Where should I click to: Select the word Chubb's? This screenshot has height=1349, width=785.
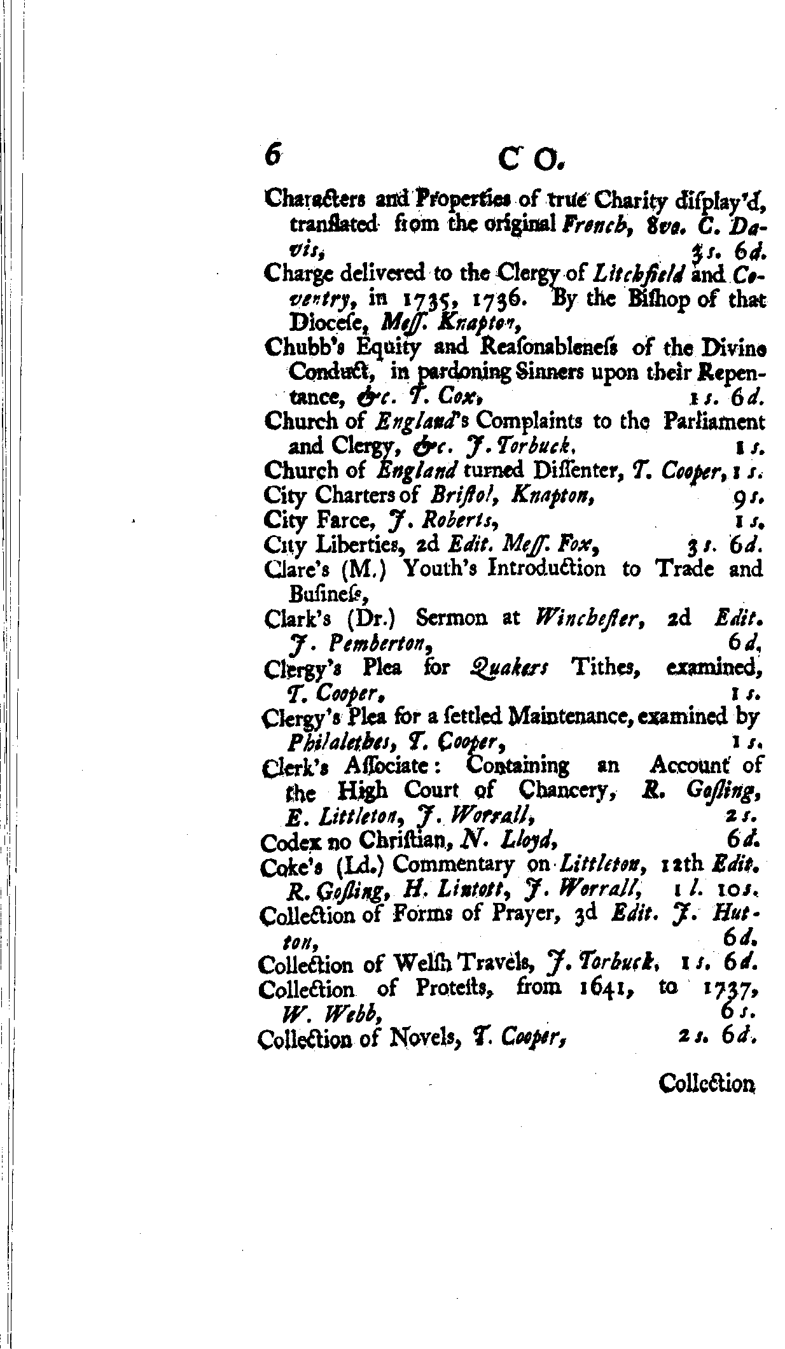[296, 347]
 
